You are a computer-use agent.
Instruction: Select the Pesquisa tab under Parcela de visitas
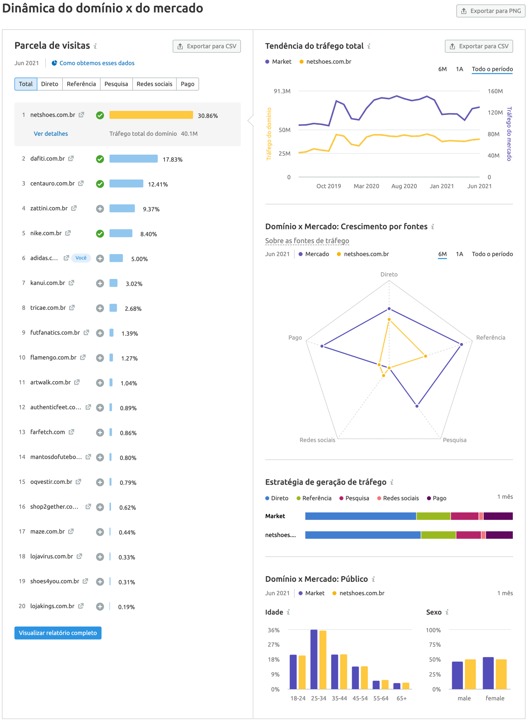pyautogui.click(x=116, y=84)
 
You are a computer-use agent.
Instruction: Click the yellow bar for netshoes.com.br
pyautogui.click(x=151, y=115)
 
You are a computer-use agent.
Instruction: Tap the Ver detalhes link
pyautogui.click(x=51, y=133)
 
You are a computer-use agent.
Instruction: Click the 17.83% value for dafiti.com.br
pyautogui.click(x=172, y=159)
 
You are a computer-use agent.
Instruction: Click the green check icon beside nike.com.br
pyautogui.click(x=100, y=234)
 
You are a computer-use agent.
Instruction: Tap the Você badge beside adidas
pyautogui.click(x=81, y=258)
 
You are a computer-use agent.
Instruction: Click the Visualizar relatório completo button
pyautogui.click(x=58, y=633)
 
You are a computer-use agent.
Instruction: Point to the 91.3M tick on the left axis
pyautogui.click(x=282, y=91)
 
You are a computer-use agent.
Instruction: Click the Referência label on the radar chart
pyautogui.click(x=490, y=337)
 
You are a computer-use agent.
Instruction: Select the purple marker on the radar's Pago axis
pyautogui.click(x=322, y=346)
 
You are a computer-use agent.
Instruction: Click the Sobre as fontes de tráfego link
pyautogui.click(x=307, y=241)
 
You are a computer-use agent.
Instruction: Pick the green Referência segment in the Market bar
pyautogui.click(x=433, y=516)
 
